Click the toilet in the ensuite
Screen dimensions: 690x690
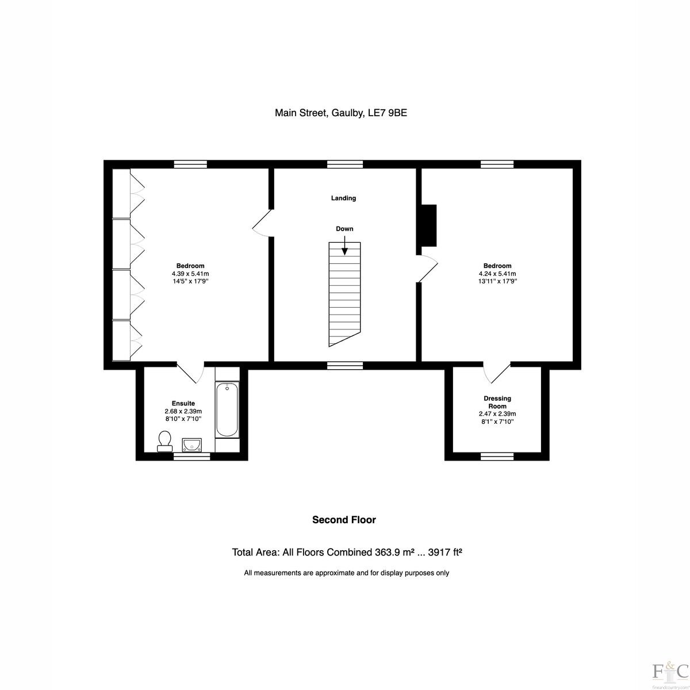pos(164,441)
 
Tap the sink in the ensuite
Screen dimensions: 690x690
pos(192,444)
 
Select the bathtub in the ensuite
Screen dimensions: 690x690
pos(227,409)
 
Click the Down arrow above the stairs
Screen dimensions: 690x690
pos(344,247)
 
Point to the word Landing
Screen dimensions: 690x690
pos(343,198)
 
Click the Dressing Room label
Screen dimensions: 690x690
pos(497,402)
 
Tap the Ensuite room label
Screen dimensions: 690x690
pos(183,404)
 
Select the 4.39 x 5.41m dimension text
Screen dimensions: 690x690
pos(190,274)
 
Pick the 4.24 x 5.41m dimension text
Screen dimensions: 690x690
pos(497,274)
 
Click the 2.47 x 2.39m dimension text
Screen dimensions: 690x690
pos(497,414)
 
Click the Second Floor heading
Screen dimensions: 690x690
pos(344,520)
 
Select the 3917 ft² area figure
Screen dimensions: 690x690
pos(445,553)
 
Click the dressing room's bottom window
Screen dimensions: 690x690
pos(497,456)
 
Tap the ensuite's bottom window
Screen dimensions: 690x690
pos(191,456)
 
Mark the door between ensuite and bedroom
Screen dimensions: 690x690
pos(190,373)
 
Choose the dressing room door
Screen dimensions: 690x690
pos(497,373)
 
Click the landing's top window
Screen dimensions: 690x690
pos(345,164)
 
